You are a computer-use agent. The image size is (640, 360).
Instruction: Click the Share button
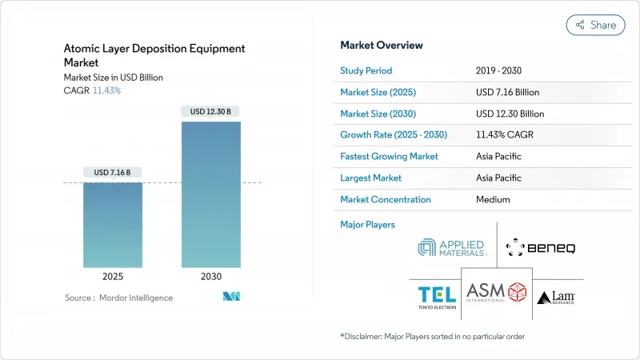pyautogui.click(x=596, y=25)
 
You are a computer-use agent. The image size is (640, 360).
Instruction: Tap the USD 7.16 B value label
pyautogui.click(x=113, y=172)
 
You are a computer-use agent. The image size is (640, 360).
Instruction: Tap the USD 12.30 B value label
pyautogui.click(x=211, y=111)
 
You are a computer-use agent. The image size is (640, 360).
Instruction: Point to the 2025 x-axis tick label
pyautogui.click(x=113, y=276)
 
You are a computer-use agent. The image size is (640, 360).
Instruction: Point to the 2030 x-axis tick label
pyautogui.click(x=211, y=276)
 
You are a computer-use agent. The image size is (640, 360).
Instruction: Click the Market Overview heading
pyautogui.click(x=382, y=46)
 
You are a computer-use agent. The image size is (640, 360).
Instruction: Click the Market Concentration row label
pyautogui.click(x=385, y=199)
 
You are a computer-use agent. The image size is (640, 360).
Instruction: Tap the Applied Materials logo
pyautogui.click(x=452, y=247)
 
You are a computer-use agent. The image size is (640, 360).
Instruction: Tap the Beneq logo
pyautogui.click(x=540, y=247)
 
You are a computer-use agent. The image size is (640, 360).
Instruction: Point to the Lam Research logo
pyautogui.click(x=555, y=298)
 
